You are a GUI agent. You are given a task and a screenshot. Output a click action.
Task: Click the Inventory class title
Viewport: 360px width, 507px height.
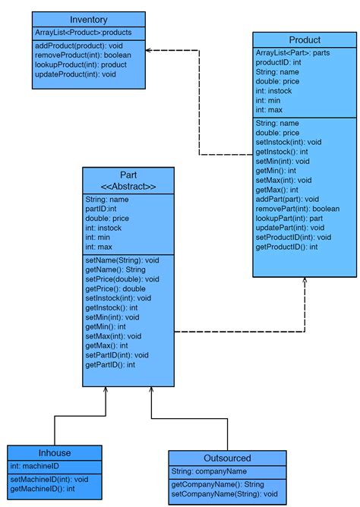coord(88,20)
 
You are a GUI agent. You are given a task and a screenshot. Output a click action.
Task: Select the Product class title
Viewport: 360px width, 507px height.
coord(305,39)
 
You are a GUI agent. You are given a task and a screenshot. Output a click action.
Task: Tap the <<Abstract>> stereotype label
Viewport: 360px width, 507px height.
coord(128,187)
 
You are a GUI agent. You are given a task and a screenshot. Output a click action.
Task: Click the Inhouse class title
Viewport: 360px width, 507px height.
coord(54,453)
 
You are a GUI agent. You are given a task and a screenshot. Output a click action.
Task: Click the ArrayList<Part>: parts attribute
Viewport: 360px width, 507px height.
coord(293,52)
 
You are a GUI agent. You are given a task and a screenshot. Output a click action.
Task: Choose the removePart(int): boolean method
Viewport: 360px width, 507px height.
coord(298,208)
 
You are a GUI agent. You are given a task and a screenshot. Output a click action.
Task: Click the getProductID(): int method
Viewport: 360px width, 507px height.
coord(286,247)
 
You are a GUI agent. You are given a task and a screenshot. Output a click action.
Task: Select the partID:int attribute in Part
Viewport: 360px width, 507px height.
coord(101,209)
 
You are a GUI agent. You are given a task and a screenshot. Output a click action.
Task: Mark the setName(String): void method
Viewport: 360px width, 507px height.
coord(122,260)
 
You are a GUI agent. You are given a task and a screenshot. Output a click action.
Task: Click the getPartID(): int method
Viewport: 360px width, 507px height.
coord(110,365)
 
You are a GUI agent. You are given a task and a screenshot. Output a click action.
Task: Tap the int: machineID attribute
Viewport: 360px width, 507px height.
coord(34,466)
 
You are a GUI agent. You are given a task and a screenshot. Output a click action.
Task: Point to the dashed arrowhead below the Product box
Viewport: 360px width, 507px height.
coord(305,282)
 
